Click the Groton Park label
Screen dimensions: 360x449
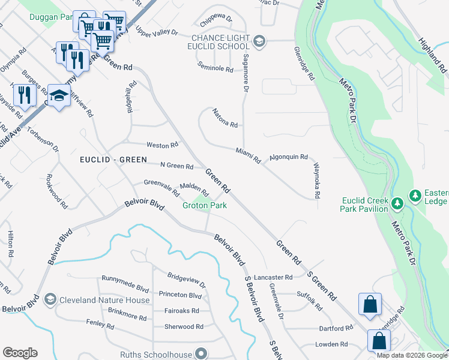(205, 206)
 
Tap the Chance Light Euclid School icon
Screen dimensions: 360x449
(259, 41)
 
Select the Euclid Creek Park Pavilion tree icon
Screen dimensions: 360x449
(397, 204)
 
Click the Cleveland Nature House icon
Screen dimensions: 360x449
(50, 299)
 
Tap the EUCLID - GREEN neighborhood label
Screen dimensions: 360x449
(114, 160)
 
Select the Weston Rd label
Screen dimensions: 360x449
(163, 145)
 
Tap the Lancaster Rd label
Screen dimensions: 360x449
(273, 277)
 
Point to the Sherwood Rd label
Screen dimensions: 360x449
(184, 327)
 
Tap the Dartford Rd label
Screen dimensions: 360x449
(336, 328)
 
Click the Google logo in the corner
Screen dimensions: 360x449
(20, 353)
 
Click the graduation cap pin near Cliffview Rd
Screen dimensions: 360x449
(59, 95)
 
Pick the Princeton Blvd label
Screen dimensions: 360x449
(180, 295)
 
